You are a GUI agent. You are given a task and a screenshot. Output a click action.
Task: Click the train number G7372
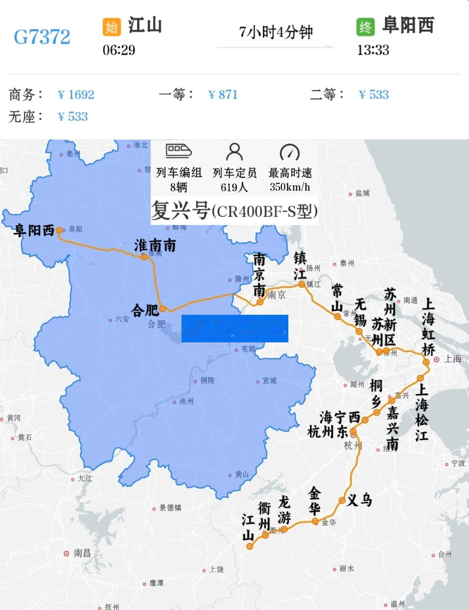click(x=42, y=37)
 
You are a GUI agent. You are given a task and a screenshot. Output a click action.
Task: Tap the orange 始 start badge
click(x=111, y=27)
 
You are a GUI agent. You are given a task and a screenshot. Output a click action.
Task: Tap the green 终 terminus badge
click(x=365, y=27)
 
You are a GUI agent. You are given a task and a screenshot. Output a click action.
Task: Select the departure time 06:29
click(x=119, y=50)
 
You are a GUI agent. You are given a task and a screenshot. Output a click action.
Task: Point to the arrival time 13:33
click(x=373, y=50)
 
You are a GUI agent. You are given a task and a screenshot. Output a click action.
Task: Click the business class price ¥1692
click(x=76, y=95)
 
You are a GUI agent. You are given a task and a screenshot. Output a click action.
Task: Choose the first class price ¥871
click(x=223, y=95)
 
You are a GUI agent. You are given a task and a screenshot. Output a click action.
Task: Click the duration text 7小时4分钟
click(x=276, y=32)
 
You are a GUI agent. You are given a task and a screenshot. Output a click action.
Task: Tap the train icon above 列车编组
click(x=179, y=151)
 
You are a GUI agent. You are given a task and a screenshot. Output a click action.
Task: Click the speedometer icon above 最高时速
click(x=290, y=152)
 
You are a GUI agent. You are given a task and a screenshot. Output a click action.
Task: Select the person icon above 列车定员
click(x=234, y=151)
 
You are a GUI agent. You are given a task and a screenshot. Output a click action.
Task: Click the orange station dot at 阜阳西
click(x=59, y=230)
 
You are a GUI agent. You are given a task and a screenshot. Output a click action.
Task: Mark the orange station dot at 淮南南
click(x=144, y=257)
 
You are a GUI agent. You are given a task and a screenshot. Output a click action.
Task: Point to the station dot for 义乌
click(x=342, y=500)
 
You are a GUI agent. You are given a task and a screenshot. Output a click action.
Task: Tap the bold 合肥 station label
click(x=145, y=310)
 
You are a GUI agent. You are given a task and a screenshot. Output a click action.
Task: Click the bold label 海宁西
click(x=340, y=417)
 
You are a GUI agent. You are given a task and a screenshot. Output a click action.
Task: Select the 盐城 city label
click(x=362, y=193)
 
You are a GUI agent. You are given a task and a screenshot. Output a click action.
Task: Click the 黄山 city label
click(x=242, y=474)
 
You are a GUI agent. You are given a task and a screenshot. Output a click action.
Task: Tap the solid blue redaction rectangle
click(x=234, y=328)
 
